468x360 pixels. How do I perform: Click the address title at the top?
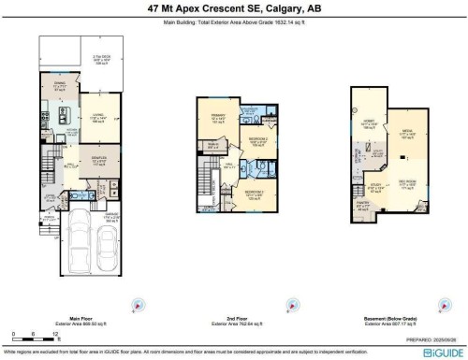(x=233, y=8)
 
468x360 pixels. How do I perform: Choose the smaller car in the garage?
(x=108, y=244)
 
